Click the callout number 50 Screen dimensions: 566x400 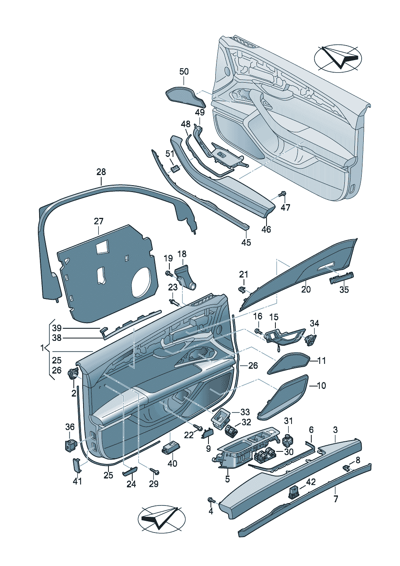click(x=183, y=72)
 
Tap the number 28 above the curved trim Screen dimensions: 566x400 click(x=101, y=172)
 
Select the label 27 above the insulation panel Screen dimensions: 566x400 click(x=99, y=221)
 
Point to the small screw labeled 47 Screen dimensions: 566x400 click(x=283, y=194)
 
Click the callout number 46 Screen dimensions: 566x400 click(x=266, y=230)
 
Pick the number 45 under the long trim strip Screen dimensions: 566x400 click(x=246, y=242)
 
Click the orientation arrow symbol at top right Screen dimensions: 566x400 click(x=337, y=58)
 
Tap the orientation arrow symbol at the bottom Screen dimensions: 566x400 click(x=161, y=518)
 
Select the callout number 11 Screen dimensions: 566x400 click(x=321, y=361)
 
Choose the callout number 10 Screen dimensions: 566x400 click(x=321, y=386)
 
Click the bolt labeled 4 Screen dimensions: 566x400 click(x=210, y=500)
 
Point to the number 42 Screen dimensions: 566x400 click(x=310, y=482)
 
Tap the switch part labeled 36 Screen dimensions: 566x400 click(x=69, y=445)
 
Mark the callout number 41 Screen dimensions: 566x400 click(x=77, y=481)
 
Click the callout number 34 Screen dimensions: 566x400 click(x=315, y=324)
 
